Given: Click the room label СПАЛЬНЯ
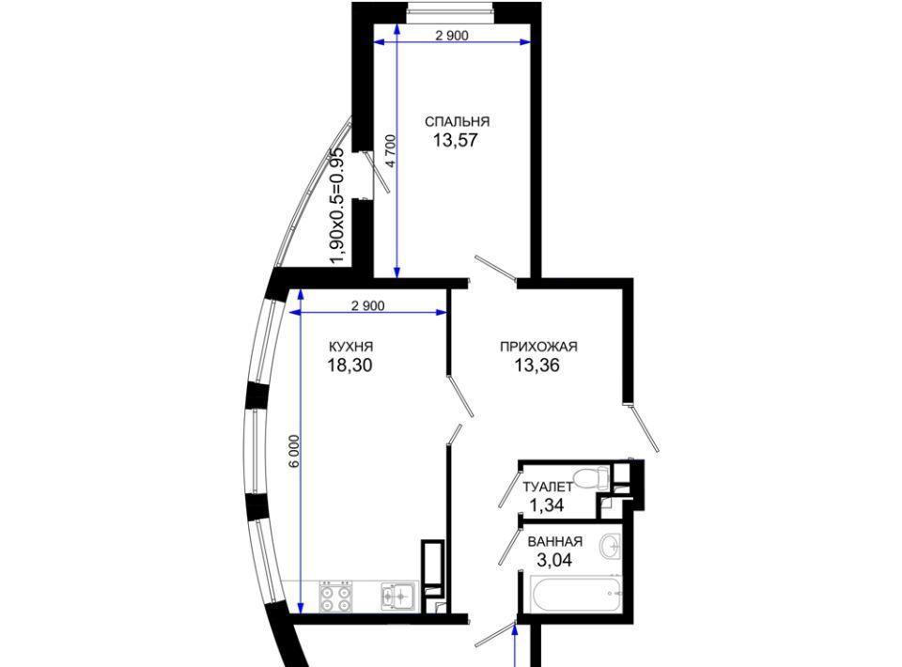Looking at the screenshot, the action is pyautogui.click(x=458, y=122).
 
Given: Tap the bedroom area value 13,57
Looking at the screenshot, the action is pyautogui.click(x=456, y=140).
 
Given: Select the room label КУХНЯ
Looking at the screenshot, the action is pyautogui.click(x=350, y=347).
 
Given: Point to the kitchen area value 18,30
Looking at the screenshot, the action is pyautogui.click(x=350, y=365).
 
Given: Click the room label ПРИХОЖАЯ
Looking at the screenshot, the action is pyautogui.click(x=538, y=347).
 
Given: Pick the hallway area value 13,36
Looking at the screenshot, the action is pyautogui.click(x=537, y=365).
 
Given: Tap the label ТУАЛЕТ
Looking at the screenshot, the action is pyautogui.click(x=548, y=487).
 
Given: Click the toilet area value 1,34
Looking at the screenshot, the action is pyautogui.click(x=547, y=505).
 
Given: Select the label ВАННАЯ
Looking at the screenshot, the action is pyautogui.click(x=555, y=542).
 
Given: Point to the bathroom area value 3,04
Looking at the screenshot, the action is pyautogui.click(x=554, y=560).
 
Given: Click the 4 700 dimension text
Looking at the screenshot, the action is pyautogui.click(x=391, y=150).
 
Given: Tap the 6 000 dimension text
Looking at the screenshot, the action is pyautogui.click(x=294, y=453).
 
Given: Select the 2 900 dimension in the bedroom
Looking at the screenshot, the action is pyautogui.click(x=452, y=36).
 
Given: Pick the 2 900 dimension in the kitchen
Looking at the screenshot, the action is pyautogui.click(x=368, y=306).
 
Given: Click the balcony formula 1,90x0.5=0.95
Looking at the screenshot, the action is pyautogui.click(x=336, y=207).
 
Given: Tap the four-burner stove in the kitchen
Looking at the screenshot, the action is pyautogui.click(x=335, y=597).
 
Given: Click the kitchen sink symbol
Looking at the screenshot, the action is pyautogui.click(x=397, y=596).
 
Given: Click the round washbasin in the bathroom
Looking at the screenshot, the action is pyautogui.click(x=610, y=544).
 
